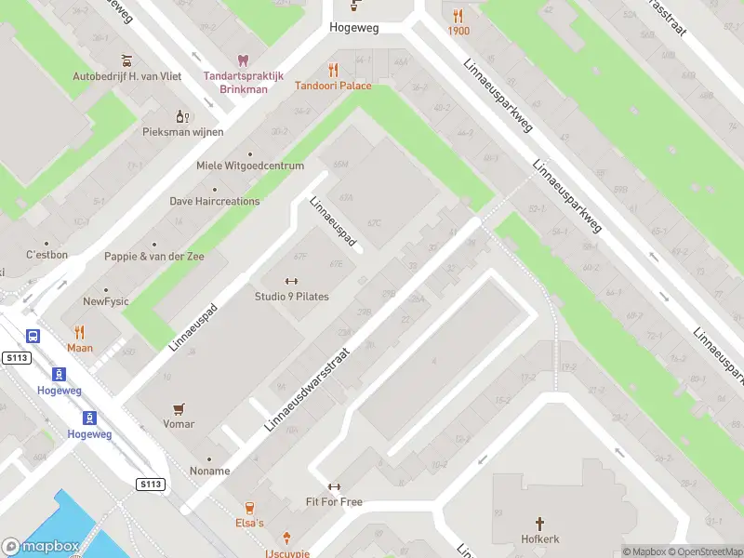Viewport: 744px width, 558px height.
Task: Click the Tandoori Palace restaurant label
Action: (x=333, y=86)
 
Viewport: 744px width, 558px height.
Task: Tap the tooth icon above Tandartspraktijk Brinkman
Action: (x=244, y=60)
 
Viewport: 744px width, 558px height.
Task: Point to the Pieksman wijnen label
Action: (x=182, y=132)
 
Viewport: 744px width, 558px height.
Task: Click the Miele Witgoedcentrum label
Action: (x=250, y=166)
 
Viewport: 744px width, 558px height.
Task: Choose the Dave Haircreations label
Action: (x=214, y=201)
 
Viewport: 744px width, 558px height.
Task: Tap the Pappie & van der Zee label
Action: (x=153, y=256)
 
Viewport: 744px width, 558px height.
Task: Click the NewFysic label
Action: (x=106, y=301)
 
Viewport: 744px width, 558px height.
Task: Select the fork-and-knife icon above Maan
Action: (x=80, y=332)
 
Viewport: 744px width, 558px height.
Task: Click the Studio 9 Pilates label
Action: (x=291, y=297)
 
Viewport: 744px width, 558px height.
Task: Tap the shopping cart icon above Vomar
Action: (x=179, y=408)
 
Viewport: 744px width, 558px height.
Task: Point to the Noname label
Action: (x=209, y=471)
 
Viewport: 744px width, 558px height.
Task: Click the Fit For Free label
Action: (x=335, y=502)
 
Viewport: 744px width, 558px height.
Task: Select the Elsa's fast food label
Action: (x=249, y=523)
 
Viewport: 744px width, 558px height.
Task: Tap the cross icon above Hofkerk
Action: (x=538, y=525)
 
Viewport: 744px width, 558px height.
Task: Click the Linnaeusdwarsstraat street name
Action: (x=308, y=390)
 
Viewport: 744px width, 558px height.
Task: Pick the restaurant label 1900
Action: (x=458, y=31)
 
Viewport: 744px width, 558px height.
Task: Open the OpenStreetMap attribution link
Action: (x=704, y=551)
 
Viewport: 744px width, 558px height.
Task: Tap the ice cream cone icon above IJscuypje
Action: (x=287, y=538)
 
